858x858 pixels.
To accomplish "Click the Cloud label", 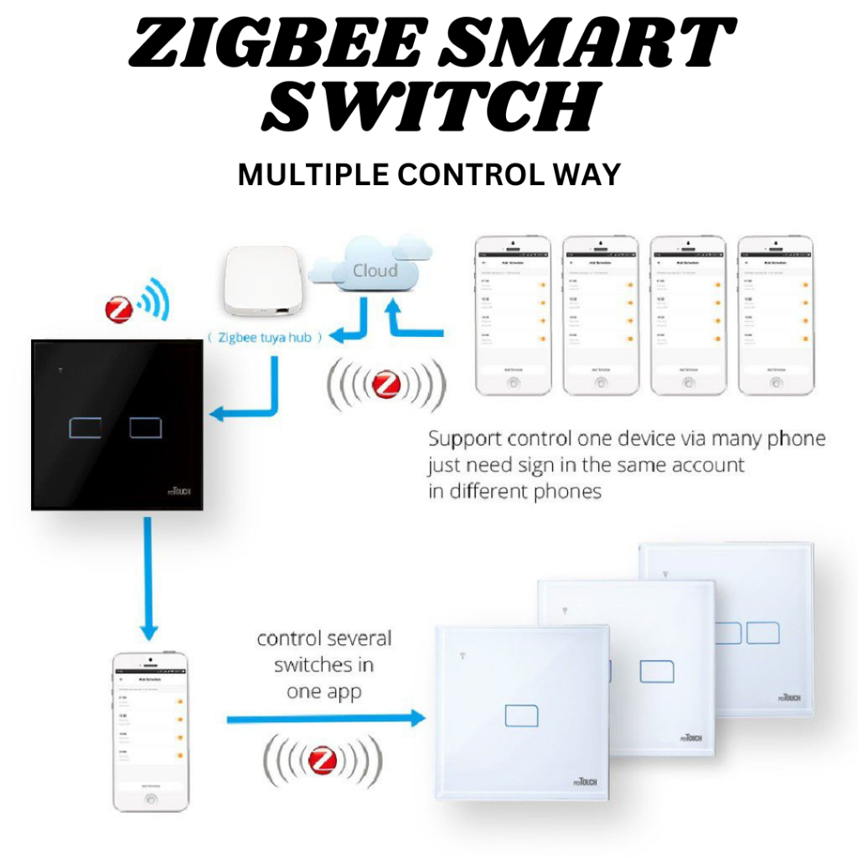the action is click(375, 271).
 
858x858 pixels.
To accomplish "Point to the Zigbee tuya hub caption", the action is click(262, 337).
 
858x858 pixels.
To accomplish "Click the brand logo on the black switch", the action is click(178, 489).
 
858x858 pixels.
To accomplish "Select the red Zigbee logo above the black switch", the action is click(119, 309).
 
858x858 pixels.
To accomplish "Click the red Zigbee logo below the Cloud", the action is click(385, 385).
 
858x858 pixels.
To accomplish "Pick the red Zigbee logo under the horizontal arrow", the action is click(323, 760).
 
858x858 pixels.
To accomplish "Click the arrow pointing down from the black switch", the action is click(149, 578).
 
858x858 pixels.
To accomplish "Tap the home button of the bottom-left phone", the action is click(151, 799).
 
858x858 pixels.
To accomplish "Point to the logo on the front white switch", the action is click(690, 738).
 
